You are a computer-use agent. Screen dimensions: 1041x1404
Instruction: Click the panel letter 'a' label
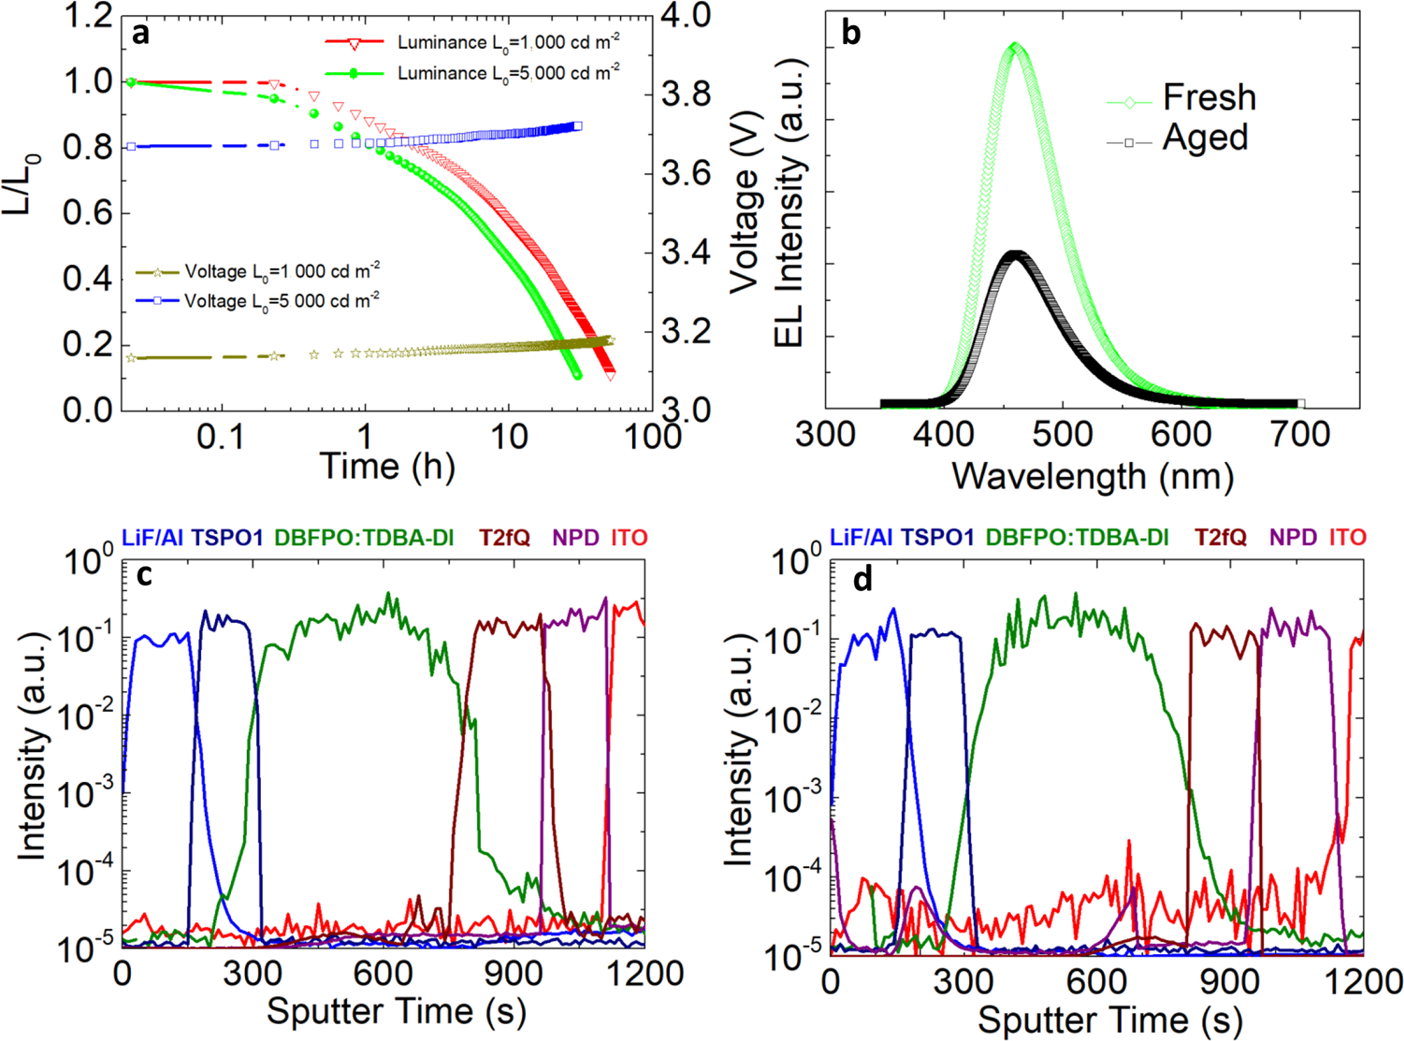140,34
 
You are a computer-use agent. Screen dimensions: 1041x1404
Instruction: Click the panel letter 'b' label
851,34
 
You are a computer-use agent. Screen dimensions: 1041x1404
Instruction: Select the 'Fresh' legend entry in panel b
1209,97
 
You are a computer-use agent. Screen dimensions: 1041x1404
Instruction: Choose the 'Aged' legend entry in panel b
1205,138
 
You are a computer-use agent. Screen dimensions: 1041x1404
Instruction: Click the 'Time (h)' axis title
387,465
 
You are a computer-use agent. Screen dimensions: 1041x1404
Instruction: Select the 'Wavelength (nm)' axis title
1093,476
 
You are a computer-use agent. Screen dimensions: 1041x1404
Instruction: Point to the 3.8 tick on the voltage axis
685,94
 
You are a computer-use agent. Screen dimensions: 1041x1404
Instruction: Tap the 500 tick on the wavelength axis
1063,435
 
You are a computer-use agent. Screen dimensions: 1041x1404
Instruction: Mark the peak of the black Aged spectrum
1015,253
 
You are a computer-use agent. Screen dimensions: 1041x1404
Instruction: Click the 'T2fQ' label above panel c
504,538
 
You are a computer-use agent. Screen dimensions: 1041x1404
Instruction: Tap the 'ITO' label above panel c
629,538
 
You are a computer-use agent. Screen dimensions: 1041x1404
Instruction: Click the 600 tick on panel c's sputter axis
384,974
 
